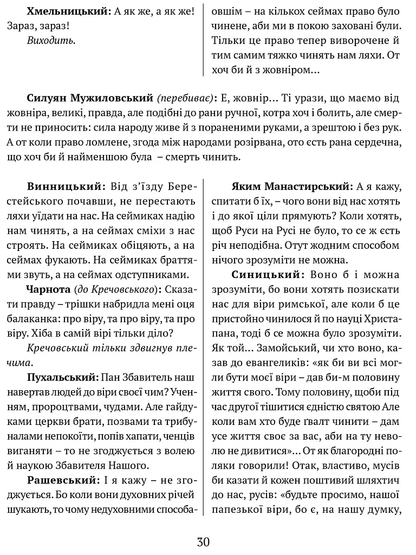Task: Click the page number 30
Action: tap(204, 541)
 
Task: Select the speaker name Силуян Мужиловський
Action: tap(90, 98)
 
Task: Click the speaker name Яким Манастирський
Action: tap(291, 187)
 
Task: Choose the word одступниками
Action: tap(154, 273)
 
